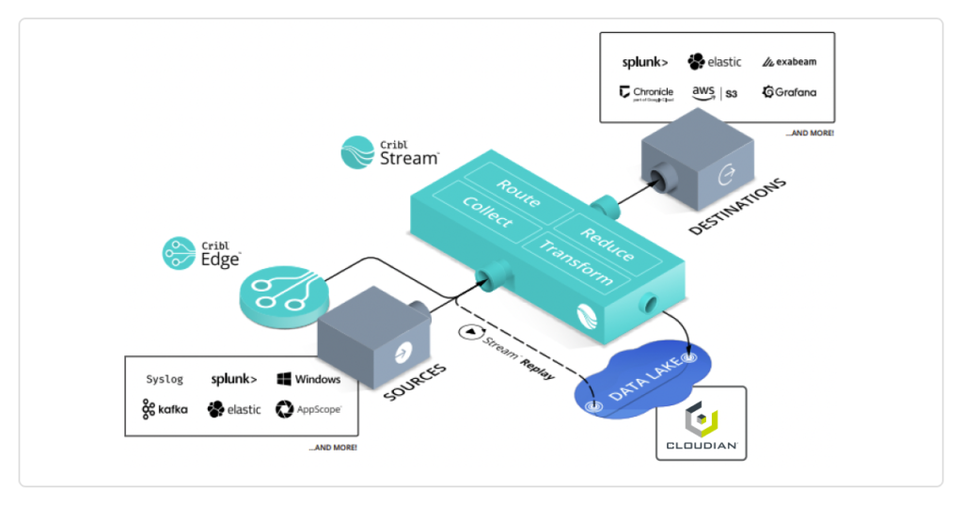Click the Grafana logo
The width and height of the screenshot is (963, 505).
[x=789, y=92]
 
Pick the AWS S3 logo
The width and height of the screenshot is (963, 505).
[x=715, y=92]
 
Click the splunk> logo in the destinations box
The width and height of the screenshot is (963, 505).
[x=645, y=62]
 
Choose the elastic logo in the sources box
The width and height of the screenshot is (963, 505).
[x=234, y=409]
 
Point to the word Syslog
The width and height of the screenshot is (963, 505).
[x=165, y=380]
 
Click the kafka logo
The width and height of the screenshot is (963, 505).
[x=165, y=409]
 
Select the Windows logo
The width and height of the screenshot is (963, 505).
[x=308, y=380]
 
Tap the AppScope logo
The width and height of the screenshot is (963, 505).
[x=308, y=409]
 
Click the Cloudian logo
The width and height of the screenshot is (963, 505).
[x=701, y=424]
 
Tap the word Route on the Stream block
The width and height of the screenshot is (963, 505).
[x=518, y=193]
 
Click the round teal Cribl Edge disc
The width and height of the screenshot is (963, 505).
[x=283, y=293]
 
